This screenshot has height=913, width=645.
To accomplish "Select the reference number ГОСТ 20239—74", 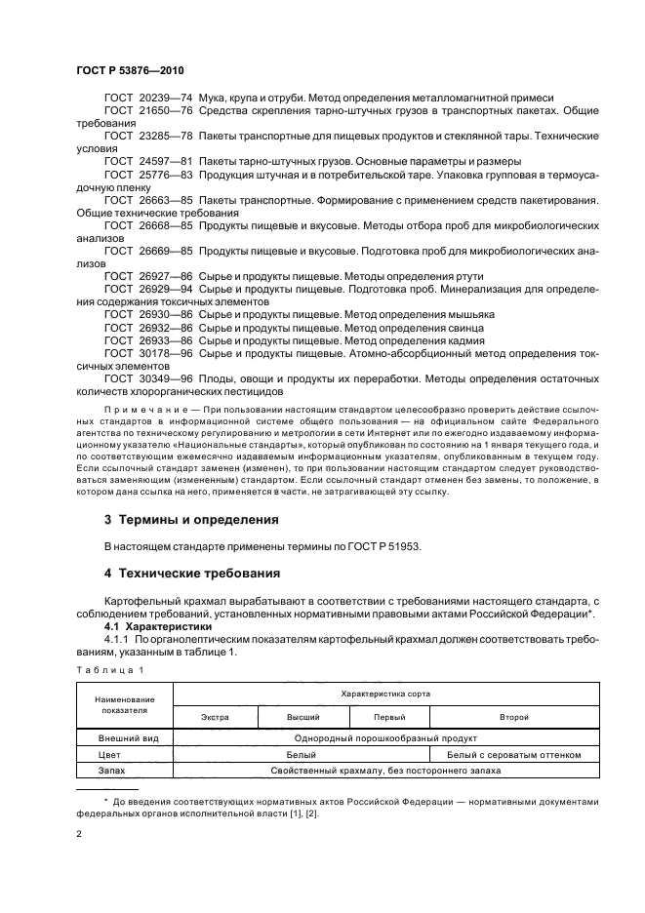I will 148,99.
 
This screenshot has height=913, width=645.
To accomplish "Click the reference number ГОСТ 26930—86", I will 148,315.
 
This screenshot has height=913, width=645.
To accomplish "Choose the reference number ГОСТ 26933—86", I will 148,339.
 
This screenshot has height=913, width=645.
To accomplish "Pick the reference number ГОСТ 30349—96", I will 148,377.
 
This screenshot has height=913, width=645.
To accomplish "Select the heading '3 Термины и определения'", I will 191,519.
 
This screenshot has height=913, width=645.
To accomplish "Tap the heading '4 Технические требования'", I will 192,573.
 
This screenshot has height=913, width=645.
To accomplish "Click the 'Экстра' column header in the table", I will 215,717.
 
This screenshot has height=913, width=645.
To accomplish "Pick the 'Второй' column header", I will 514,717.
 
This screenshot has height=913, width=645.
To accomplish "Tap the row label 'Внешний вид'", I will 122,739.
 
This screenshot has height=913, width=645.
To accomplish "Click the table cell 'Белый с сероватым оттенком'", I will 514,755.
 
